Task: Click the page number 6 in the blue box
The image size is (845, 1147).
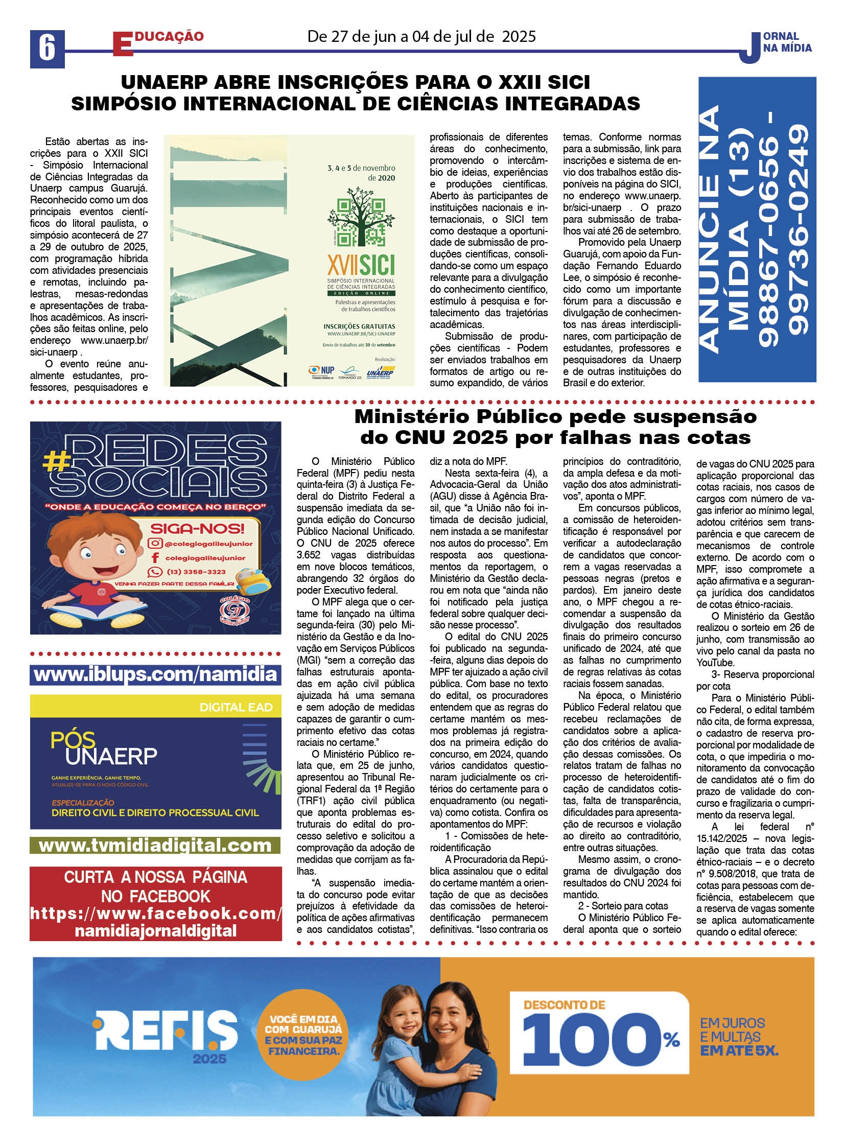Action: coord(47,49)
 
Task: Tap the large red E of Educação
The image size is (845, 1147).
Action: coord(123,44)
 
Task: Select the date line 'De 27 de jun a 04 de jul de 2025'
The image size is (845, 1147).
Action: coord(421,37)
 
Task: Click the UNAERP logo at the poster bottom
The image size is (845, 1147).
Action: coord(380,372)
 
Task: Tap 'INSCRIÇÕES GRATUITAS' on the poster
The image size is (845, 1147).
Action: coord(359,326)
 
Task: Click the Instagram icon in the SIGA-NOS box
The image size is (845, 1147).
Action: coord(155,544)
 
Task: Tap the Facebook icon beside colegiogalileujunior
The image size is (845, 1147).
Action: coord(155,557)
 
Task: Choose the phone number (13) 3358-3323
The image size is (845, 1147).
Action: coord(196,572)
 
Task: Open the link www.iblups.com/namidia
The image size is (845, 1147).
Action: coord(155,674)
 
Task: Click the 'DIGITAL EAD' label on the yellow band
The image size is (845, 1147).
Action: coord(236,707)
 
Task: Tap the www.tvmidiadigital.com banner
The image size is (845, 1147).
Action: coord(155,845)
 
